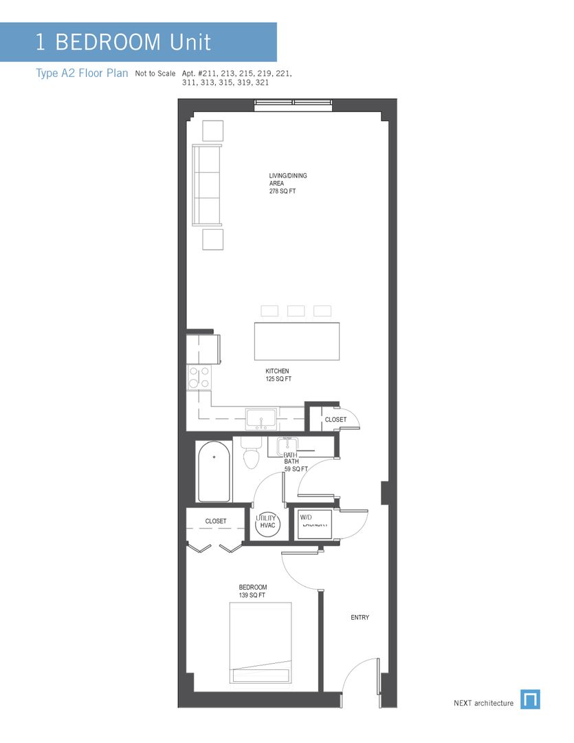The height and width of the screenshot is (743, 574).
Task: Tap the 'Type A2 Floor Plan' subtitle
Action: click(x=82, y=74)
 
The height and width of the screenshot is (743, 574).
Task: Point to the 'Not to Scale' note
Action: click(x=155, y=73)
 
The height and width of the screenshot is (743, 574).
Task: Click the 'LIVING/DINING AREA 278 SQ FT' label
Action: click(x=287, y=184)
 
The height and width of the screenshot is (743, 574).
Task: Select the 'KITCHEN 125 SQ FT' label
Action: click(x=278, y=375)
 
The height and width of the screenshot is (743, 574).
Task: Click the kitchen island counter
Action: click(x=297, y=341)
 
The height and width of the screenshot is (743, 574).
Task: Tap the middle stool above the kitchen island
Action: click(x=296, y=311)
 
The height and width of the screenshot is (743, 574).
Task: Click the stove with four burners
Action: click(x=199, y=378)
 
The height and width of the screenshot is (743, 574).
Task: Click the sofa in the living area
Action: click(x=207, y=184)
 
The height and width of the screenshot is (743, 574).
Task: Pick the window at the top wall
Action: click(x=294, y=105)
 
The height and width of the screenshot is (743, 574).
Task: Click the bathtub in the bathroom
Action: click(x=215, y=471)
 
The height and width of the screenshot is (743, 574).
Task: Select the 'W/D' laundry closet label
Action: click(x=307, y=517)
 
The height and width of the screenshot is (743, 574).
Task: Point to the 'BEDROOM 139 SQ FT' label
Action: click(x=252, y=591)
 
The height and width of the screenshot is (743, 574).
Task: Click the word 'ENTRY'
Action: click(x=360, y=618)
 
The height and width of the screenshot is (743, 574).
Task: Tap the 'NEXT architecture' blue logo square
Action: click(x=530, y=700)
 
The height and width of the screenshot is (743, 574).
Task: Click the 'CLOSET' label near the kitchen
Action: click(x=335, y=419)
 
